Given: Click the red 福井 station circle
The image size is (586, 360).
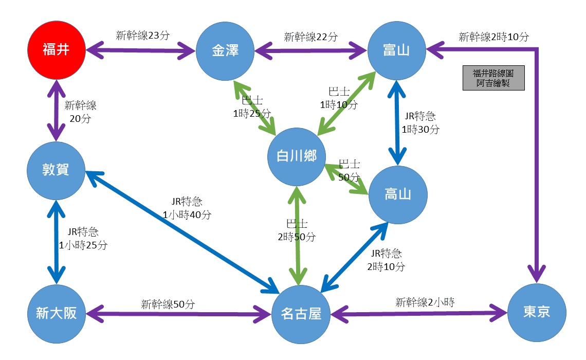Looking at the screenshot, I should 56,50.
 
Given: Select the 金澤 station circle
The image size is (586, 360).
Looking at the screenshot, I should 225,50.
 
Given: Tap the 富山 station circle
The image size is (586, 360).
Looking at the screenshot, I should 397,50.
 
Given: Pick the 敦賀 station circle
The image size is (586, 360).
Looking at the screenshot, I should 56,170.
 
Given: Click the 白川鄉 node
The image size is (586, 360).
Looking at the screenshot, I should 297,157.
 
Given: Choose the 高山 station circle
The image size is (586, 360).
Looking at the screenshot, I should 398,194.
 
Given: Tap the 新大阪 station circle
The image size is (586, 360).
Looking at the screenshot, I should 56,313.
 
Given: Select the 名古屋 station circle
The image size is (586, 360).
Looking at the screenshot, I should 301,314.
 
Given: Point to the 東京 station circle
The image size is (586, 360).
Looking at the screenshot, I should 537,312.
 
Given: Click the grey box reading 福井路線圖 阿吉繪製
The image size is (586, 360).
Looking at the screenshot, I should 493,78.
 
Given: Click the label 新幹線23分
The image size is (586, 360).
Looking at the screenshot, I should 143,35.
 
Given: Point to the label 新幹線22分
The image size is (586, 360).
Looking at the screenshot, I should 311,37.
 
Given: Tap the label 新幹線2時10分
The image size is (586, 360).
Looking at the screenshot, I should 493,37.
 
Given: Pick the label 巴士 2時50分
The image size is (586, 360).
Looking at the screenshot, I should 297,230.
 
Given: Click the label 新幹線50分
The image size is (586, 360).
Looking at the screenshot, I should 168,304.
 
